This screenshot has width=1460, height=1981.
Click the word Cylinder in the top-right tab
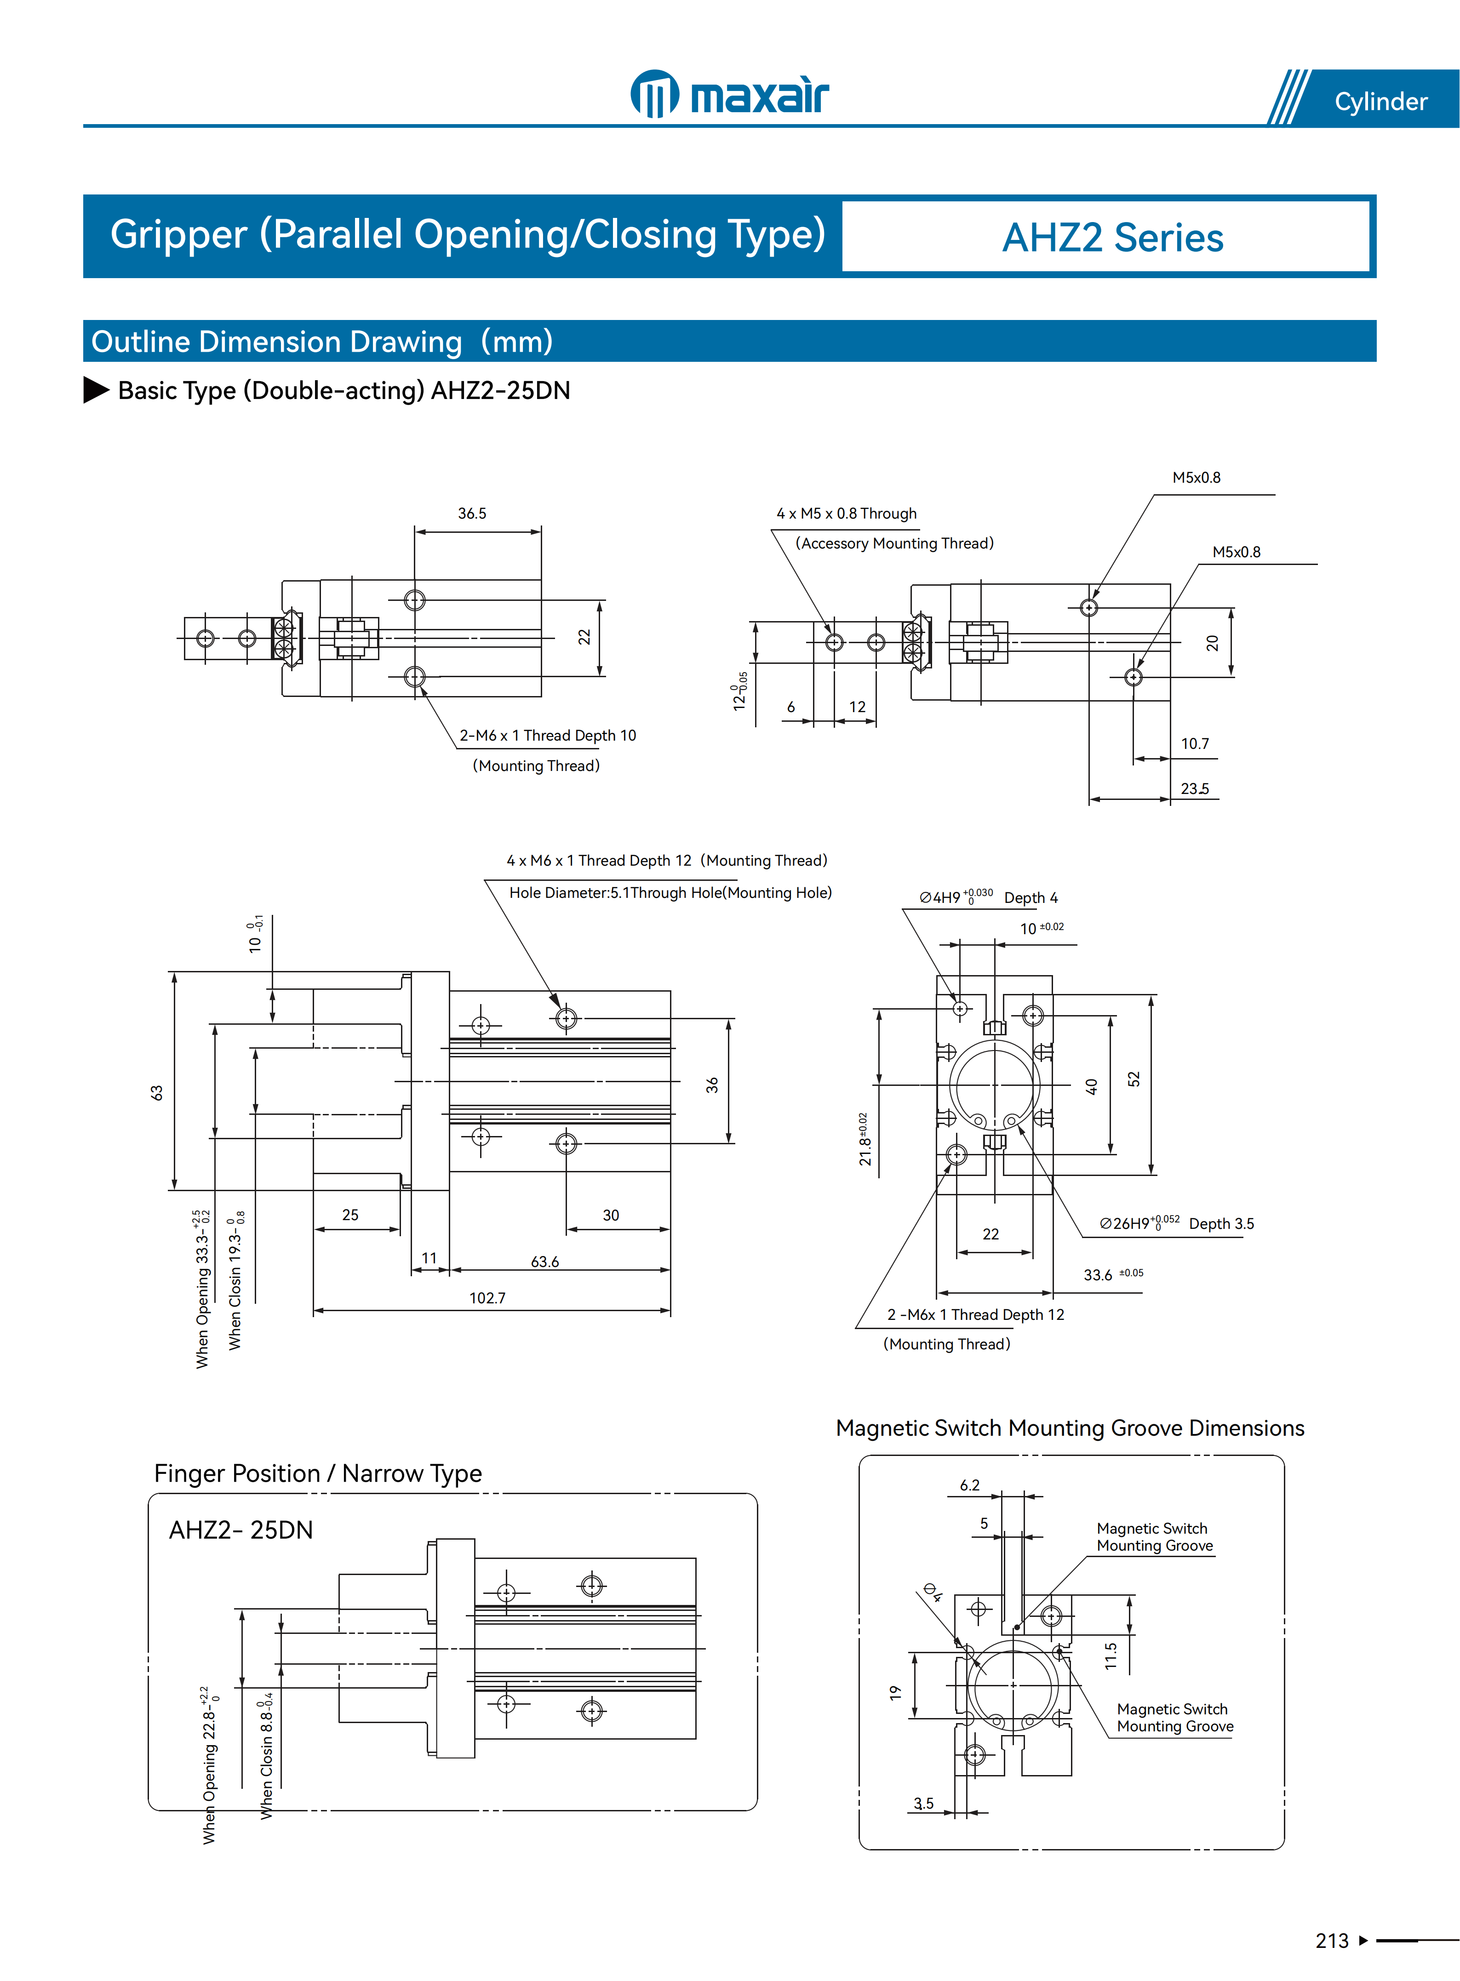[x=1380, y=102]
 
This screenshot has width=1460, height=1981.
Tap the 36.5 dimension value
[x=472, y=514]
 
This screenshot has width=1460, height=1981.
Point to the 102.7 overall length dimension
[x=487, y=1298]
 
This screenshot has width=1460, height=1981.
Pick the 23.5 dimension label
[x=1195, y=789]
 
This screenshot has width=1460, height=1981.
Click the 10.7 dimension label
[x=1195, y=744]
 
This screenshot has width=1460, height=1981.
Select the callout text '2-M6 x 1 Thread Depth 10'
[x=547, y=735]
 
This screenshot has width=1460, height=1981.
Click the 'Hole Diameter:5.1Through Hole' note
[x=670, y=892]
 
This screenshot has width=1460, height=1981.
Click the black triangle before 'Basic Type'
[x=96, y=390]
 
